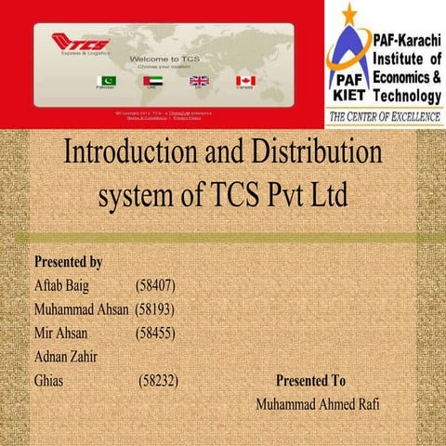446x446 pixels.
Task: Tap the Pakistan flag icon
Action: pyautogui.click(x=107, y=82)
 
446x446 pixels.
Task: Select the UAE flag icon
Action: pyautogui.click(x=152, y=82)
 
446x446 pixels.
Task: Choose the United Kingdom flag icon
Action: pyautogui.click(x=199, y=82)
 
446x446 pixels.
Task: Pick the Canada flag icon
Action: pyautogui.click(x=245, y=82)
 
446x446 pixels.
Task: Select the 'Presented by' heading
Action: pyautogui.click(x=68, y=263)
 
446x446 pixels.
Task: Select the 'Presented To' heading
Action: pyautogui.click(x=310, y=381)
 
